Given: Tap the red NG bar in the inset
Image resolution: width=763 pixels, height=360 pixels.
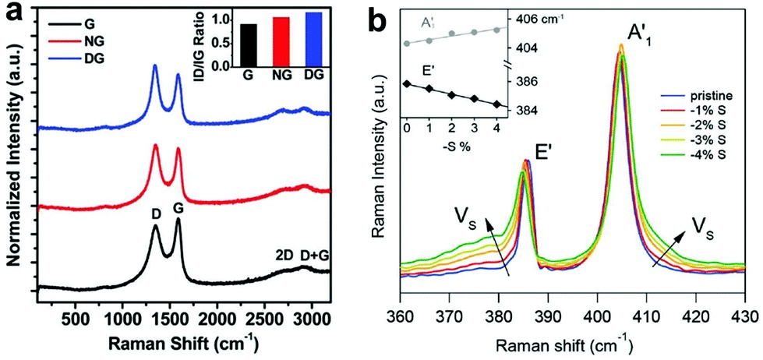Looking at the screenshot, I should (x=270, y=44).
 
